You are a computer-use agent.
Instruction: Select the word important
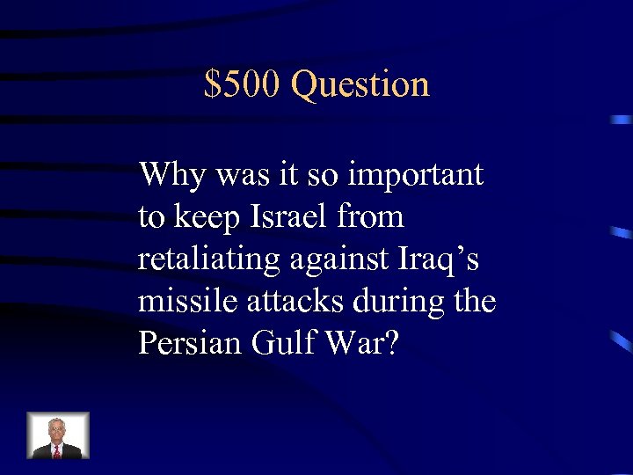[416, 175]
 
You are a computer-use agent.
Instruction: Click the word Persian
[181, 342]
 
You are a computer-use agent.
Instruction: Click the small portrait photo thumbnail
[58, 435]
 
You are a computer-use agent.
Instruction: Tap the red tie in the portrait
[57, 450]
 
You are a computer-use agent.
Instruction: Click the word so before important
[324, 175]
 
